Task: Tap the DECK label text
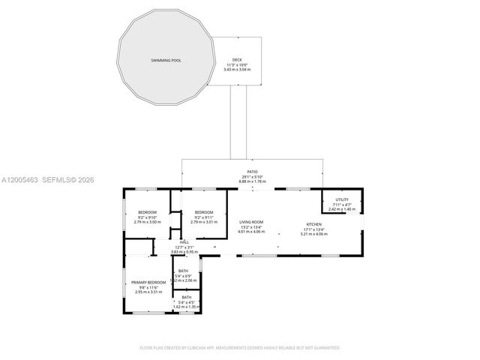tap(237, 60)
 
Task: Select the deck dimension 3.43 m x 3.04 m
tap(237, 69)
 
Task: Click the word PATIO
tap(253, 171)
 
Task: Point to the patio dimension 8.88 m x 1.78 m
tap(253, 181)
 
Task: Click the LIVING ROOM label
tap(251, 222)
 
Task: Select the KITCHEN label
tap(313, 225)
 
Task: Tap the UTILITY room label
tap(342, 199)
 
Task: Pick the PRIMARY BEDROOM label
tap(148, 282)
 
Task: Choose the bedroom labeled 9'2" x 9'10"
tap(147, 212)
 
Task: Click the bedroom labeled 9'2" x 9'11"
tap(204, 212)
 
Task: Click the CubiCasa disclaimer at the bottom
tap(240, 347)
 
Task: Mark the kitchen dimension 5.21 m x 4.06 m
tap(313, 234)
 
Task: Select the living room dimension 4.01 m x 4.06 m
tap(251, 232)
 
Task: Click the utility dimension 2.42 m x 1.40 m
tap(342, 209)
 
